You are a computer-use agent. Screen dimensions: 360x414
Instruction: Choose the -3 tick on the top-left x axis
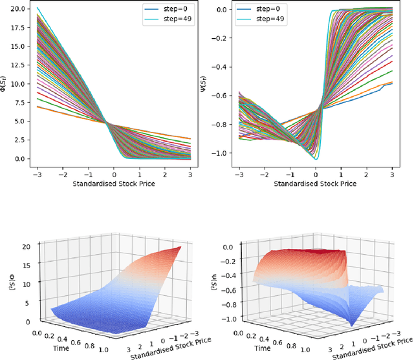click(x=36, y=174)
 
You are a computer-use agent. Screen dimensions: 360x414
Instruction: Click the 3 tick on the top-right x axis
click(x=391, y=174)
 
